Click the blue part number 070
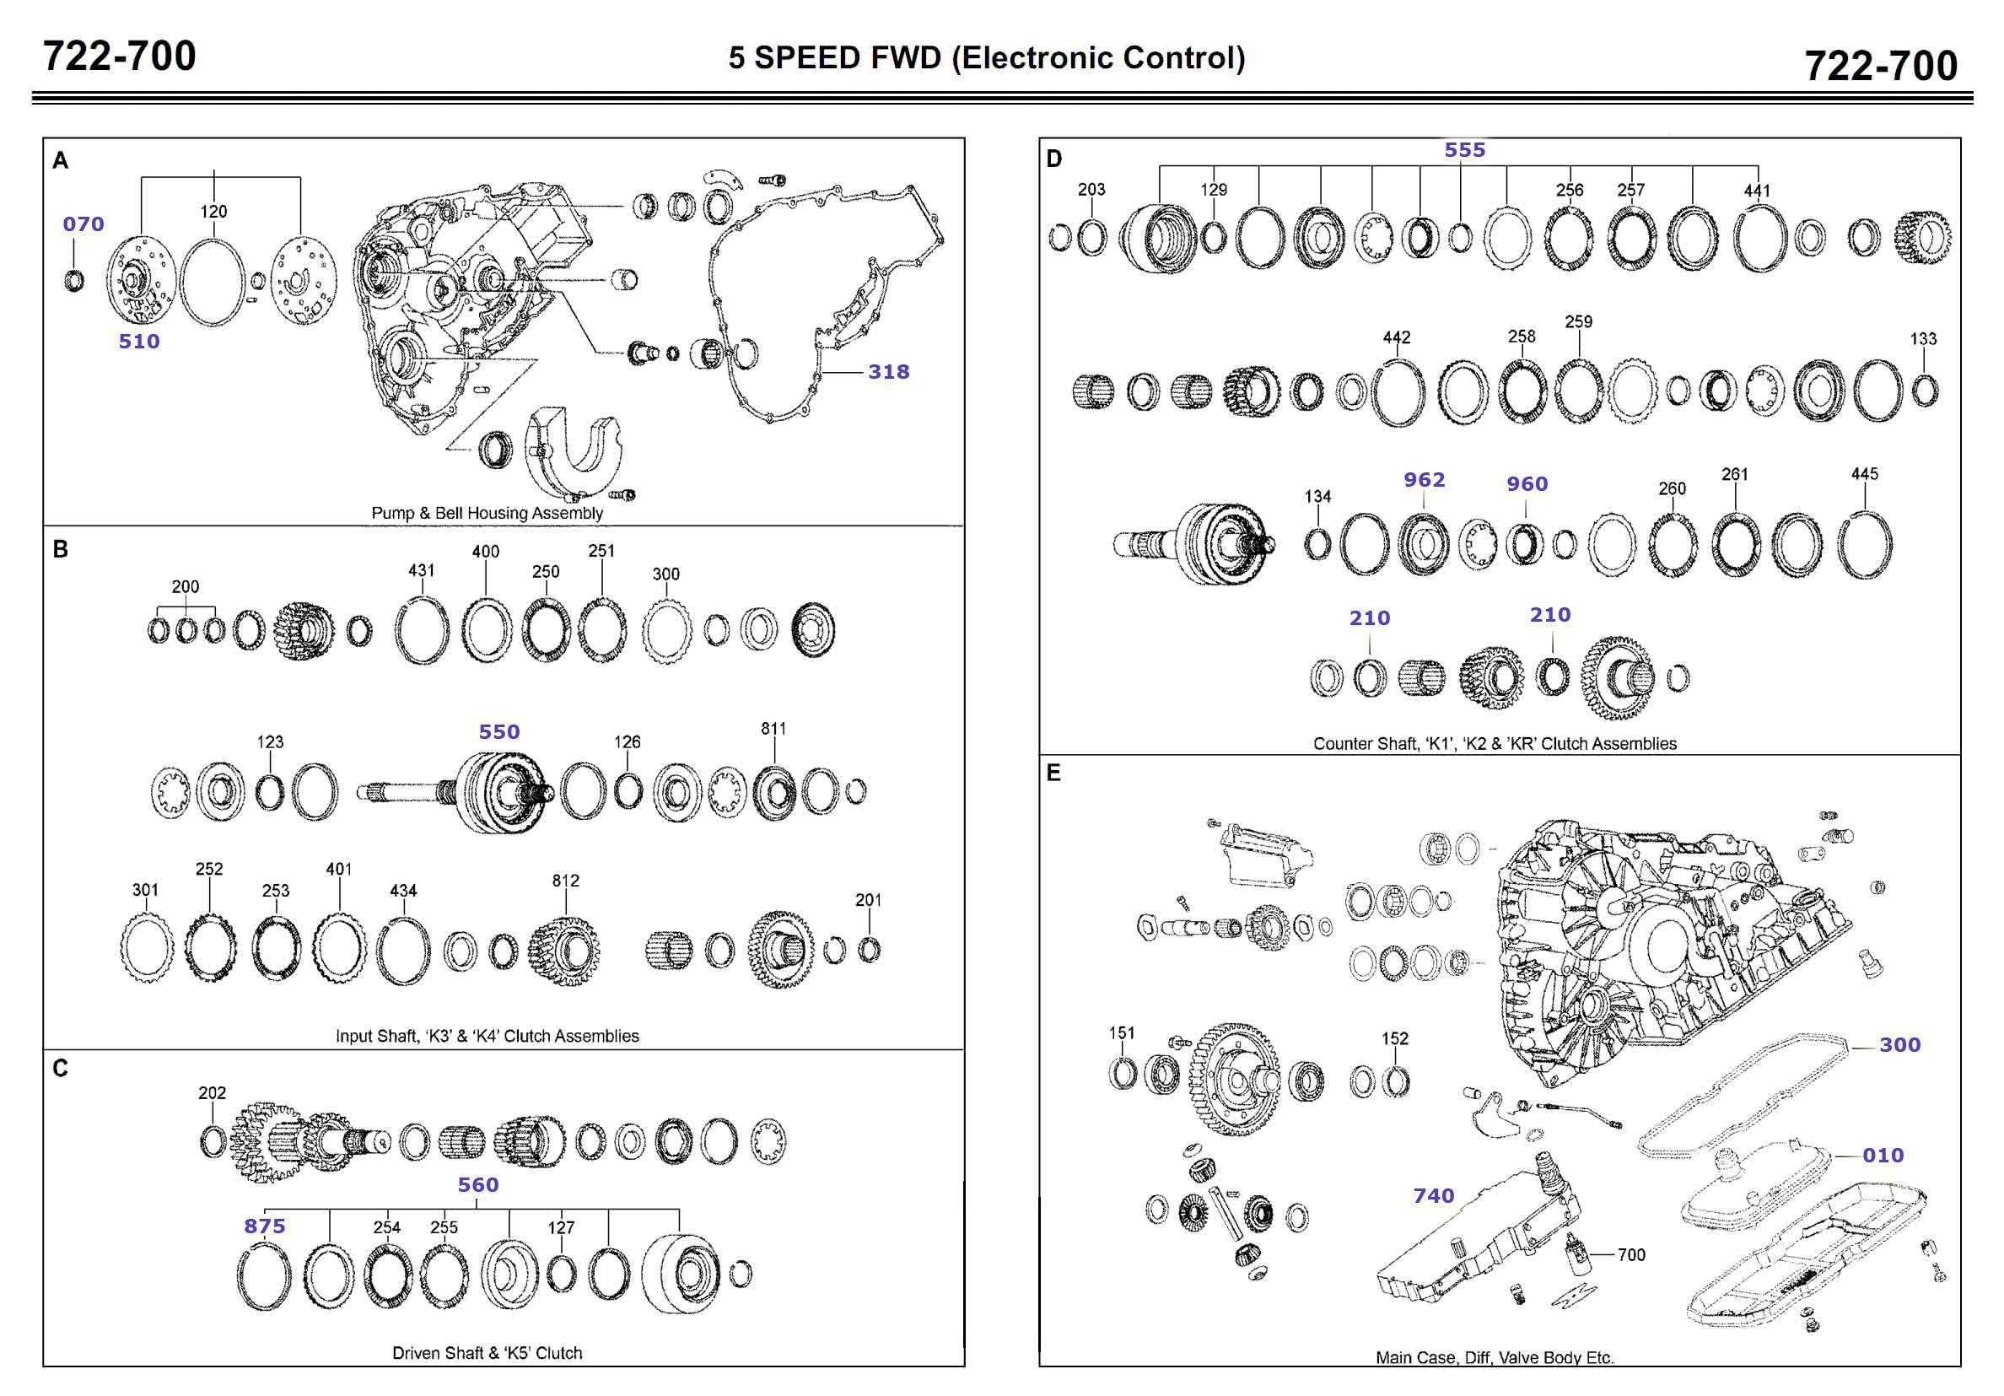83,224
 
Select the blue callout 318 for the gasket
887,372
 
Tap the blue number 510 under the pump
139,342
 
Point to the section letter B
60,549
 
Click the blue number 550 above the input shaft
499,731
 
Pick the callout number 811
773,728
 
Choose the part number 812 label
566,880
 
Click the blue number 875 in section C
265,1226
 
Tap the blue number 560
478,1185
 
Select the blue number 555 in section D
1464,150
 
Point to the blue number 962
1425,479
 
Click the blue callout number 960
1527,483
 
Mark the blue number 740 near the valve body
1434,1195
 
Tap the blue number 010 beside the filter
1883,1155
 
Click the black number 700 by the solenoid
1631,1254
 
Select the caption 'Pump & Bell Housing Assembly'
487,513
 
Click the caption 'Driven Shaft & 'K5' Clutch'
487,1352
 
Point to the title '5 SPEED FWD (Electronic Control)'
986,57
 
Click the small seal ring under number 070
75,281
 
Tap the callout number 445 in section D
1864,474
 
